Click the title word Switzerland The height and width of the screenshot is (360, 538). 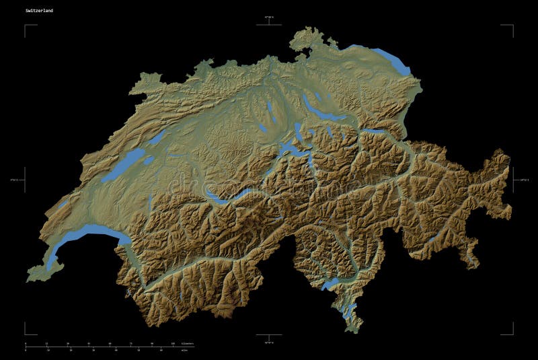(x=39, y=11)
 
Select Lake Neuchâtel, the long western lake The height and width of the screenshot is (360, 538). (x=125, y=165)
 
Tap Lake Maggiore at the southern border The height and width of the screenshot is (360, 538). (x=330, y=283)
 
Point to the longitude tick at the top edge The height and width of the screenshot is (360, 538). (x=269, y=23)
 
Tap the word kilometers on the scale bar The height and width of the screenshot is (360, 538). (x=188, y=344)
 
